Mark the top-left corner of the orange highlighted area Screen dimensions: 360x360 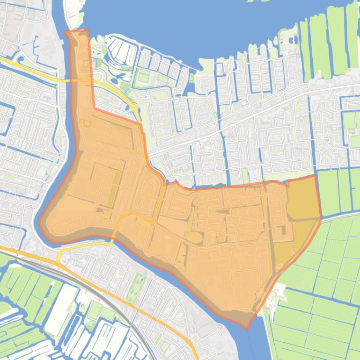[x=66, y=32]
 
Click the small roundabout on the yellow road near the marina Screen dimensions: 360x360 [x=135, y=108]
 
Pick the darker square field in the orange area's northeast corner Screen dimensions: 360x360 [x=302, y=199]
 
